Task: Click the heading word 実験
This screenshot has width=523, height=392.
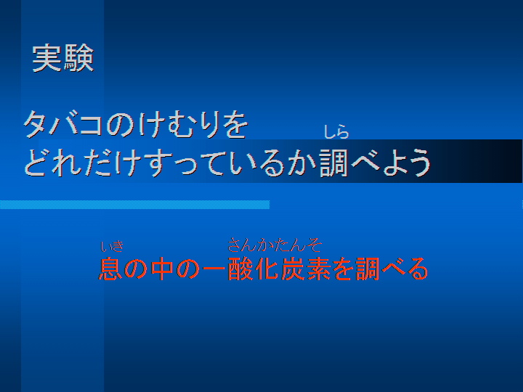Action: pyautogui.click(x=63, y=58)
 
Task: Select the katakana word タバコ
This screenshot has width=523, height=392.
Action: pyautogui.click(x=63, y=124)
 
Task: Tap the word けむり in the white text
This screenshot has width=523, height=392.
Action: pyautogui.click(x=179, y=124)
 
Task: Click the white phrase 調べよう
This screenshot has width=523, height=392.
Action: pyautogui.click(x=375, y=163)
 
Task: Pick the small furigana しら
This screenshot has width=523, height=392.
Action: pyautogui.click(x=336, y=132)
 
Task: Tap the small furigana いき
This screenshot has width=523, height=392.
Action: pyautogui.click(x=112, y=247)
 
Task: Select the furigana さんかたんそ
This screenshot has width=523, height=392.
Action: pyautogui.click(x=274, y=245)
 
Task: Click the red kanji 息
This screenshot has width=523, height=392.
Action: pyautogui.click(x=110, y=269)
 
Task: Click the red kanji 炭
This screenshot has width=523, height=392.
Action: pyautogui.click(x=292, y=269)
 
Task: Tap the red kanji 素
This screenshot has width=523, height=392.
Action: pyautogui.click(x=317, y=269)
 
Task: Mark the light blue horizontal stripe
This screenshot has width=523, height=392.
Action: pyautogui.click(x=135, y=205)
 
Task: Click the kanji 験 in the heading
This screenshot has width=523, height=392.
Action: pyautogui.click(x=78, y=58)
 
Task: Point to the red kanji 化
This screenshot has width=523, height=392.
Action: pyautogui.click(x=266, y=269)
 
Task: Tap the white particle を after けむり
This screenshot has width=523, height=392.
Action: pyautogui.click(x=236, y=124)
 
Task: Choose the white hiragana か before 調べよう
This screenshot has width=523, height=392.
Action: pyautogui.click(x=302, y=163)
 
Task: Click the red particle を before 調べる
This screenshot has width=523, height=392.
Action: pyautogui.click(x=343, y=269)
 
